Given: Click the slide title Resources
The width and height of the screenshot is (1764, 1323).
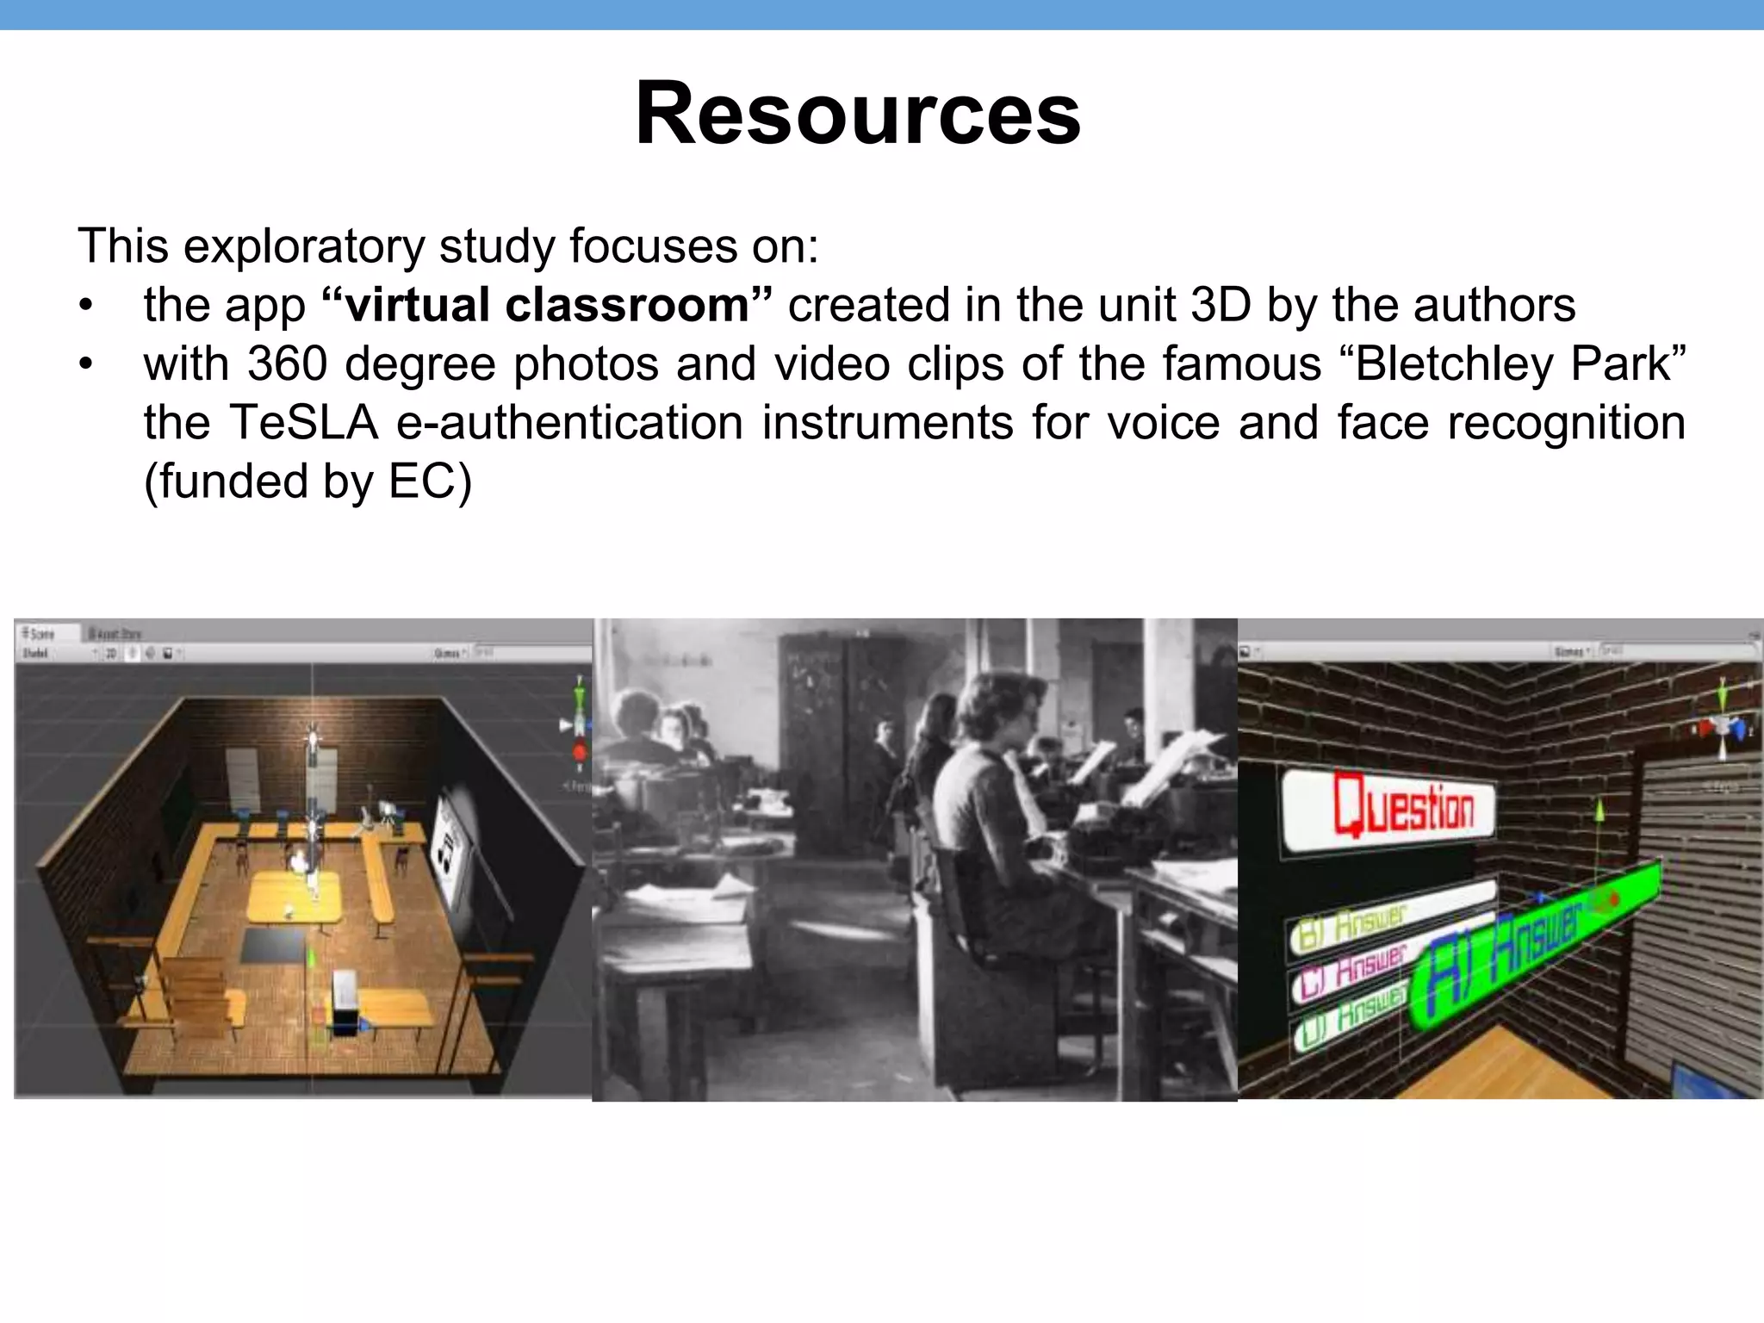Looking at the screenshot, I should point(858,114).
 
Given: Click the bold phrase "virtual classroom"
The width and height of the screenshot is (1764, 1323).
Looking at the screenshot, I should point(546,305).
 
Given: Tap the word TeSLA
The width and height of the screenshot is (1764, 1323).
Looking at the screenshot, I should point(303,423).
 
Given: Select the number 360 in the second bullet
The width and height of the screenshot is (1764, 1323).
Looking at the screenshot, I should point(287,363).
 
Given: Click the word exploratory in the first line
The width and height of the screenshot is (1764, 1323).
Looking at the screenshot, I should point(304,246).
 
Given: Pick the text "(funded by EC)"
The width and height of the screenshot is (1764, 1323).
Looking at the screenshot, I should point(307,481).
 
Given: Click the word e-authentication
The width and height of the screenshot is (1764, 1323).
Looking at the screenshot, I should point(569,423).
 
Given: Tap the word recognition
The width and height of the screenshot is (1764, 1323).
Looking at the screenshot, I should point(1565,423).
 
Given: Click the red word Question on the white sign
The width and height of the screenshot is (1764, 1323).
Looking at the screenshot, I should point(1404,805).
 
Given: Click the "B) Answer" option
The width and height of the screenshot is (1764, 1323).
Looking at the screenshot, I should point(1352,926).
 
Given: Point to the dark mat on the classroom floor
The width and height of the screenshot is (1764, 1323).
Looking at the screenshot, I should point(274,946).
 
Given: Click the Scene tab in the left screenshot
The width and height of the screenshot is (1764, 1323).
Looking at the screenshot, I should point(40,633).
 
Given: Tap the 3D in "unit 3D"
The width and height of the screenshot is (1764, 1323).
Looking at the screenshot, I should point(1220,305).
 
